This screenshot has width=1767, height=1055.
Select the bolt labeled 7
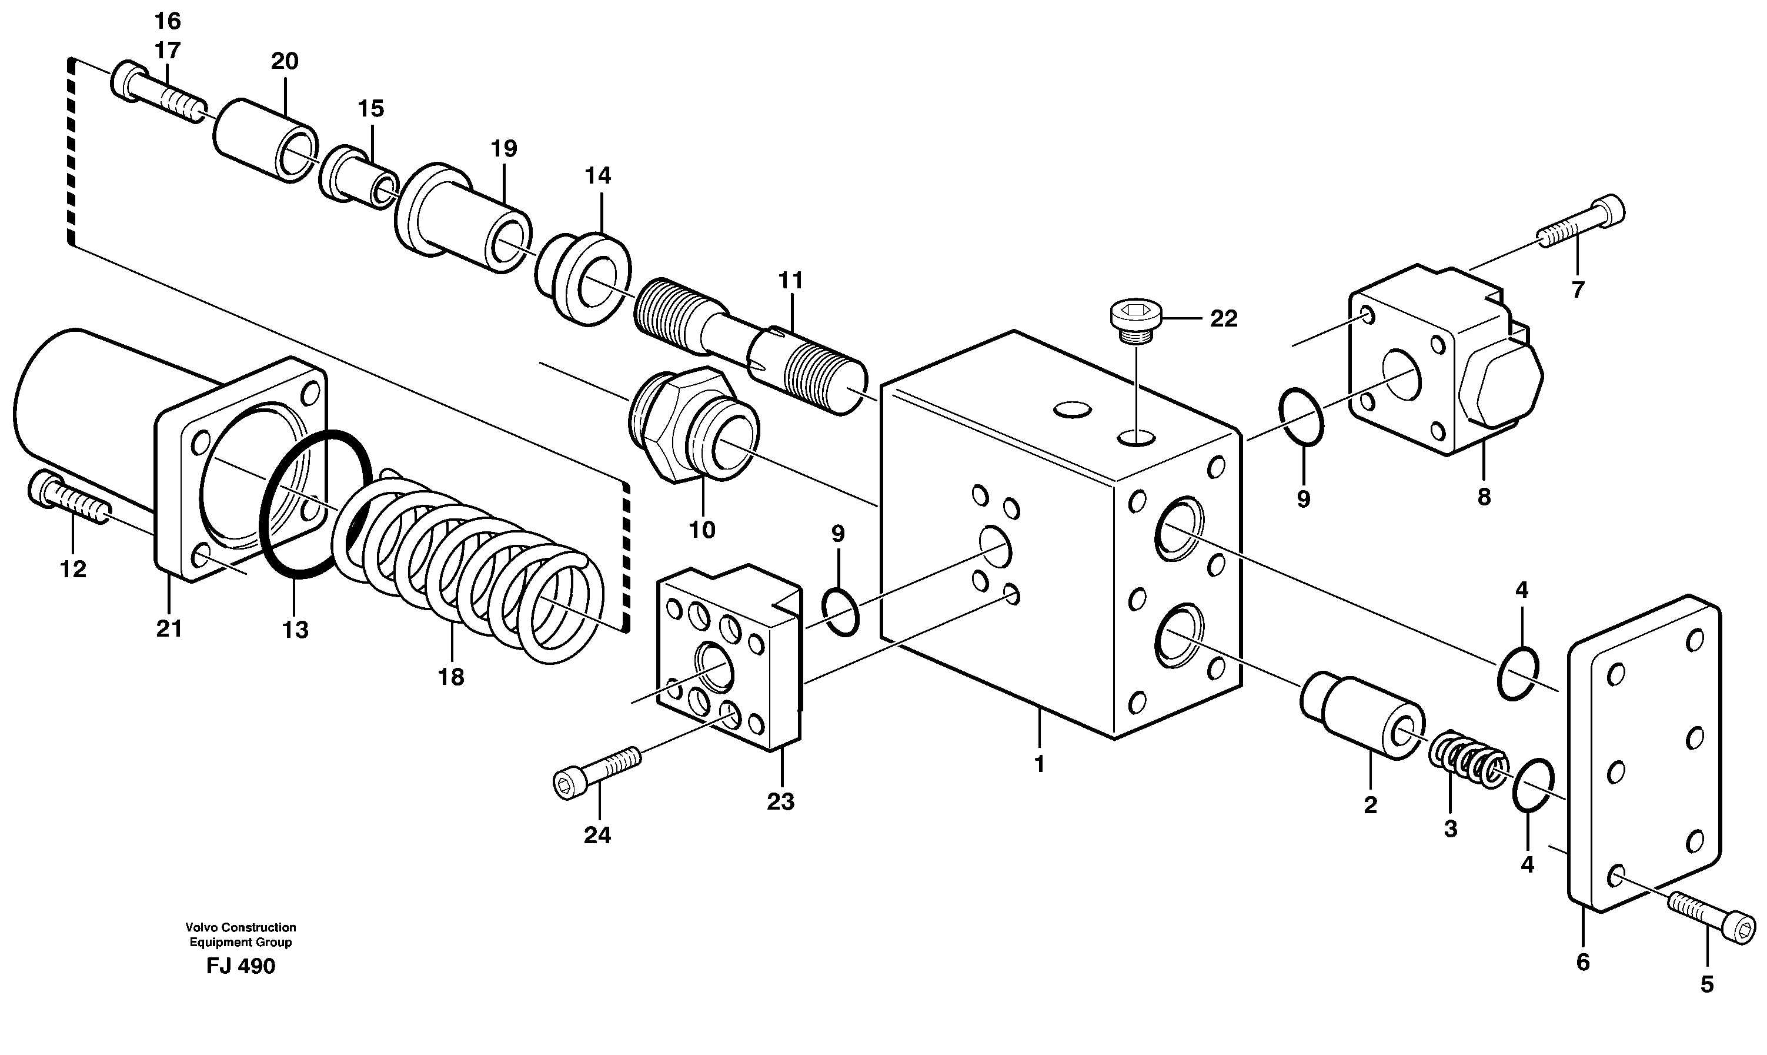coord(1582,224)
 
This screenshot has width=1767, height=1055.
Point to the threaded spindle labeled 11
coord(750,341)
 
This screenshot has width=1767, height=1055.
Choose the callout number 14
coord(597,175)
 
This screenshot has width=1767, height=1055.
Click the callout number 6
coord(1582,963)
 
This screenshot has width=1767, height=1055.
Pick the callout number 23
coord(780,802)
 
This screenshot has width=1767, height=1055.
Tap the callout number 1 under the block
coord(1039,764)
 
